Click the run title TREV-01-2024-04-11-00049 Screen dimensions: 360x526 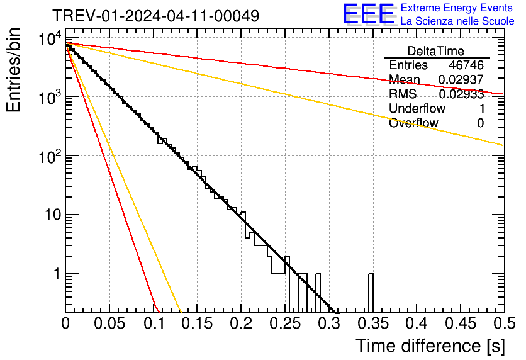(155, 16)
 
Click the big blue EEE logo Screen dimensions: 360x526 (369, 14)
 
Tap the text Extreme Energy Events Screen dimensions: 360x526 (457, 8)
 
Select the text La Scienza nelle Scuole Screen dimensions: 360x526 (457, 21)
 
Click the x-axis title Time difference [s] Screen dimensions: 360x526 (430, 346)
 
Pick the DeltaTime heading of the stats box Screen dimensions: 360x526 (436, 51)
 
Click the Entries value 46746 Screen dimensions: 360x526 (466, 65)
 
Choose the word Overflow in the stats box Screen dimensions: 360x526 (413, 123)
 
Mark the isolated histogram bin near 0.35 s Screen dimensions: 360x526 (371, 293)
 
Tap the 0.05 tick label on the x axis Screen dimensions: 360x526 (109, 324)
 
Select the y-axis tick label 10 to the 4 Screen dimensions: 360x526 (50, 40)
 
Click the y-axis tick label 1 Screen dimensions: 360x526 (55, 274)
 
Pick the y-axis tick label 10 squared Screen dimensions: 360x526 (50, 156)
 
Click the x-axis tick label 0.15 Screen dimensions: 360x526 (197, 324)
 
